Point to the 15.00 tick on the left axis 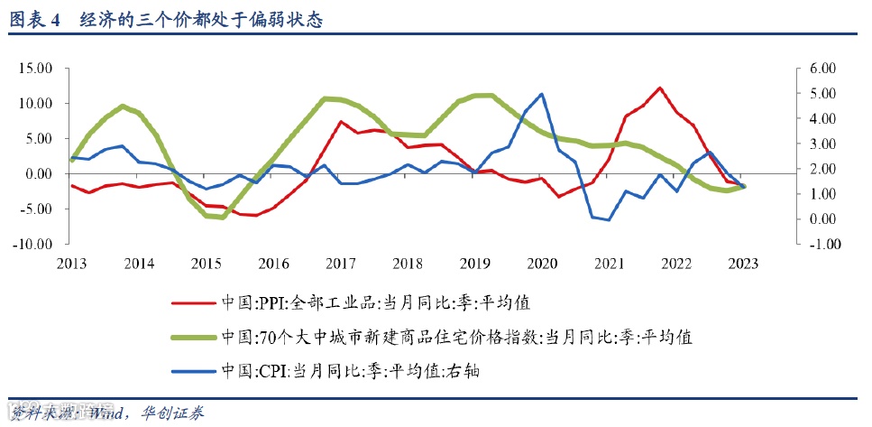[x=36, y=69]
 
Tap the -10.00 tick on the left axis [x=34, y=244]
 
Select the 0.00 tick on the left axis [x=40, y=173]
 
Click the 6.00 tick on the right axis [x=822, y=69]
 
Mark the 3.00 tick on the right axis [x=822, y=144]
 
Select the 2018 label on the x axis [x=408, y=264]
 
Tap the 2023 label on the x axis [x=744, y=264]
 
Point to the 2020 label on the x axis [x=542, y=264]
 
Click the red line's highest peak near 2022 [x=660, y=88]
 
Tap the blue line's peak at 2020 [x=542, y=94]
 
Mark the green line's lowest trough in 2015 [x=222, y=217]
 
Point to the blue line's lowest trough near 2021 [x=609, y=219]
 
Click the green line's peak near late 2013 [x=123, y=107]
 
